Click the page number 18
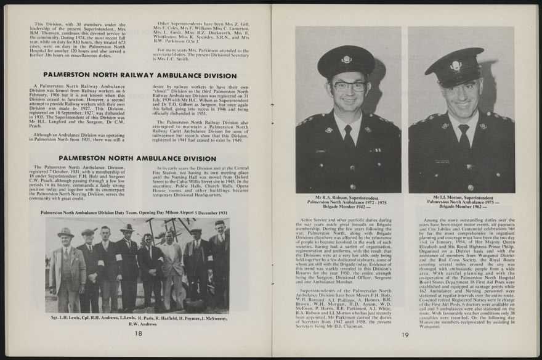pyautogui.click(x=138, y=333)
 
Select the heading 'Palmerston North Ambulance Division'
pyautogui.click(x=137, y=158)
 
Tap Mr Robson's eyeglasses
pyautogui.click(x=350, y=87)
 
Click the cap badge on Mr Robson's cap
pyautogui.click(x=346, y=59)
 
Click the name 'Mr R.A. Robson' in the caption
pyautogui.click(x=329, y=198)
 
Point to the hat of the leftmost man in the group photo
pyautogui.click(x=67, y=232)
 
